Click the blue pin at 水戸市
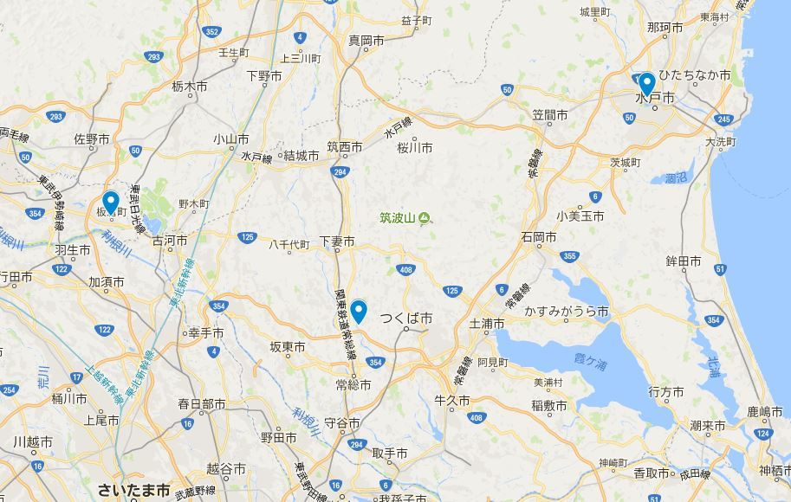pyautogui.click(x=645, y=84)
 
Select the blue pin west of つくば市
pyautogui.click(x=358, y=311)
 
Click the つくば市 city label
pyautogui.click(x=406, y=319)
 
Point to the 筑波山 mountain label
pyautogui.click(x=398, y=218)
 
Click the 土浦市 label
pyautogui.click(x=486, y=324)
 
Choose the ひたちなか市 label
pyautogui.click(x=695, y=75)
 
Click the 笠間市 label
pyautogui.click(x=550, y=115)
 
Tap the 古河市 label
pyautogui.click(x=170, y=240)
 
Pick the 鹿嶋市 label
pyautogui.click(x=765, y=412)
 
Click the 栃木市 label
pyautogui.click(x=189, y=87)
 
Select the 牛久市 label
pyautogui.click(x=452, y=402)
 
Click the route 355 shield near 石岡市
pyautogui.click(x=569, y=256)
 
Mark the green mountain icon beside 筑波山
pyautogui.click(x=424, y=218)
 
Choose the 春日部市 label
pyautogui.click(x=202, y=404)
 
